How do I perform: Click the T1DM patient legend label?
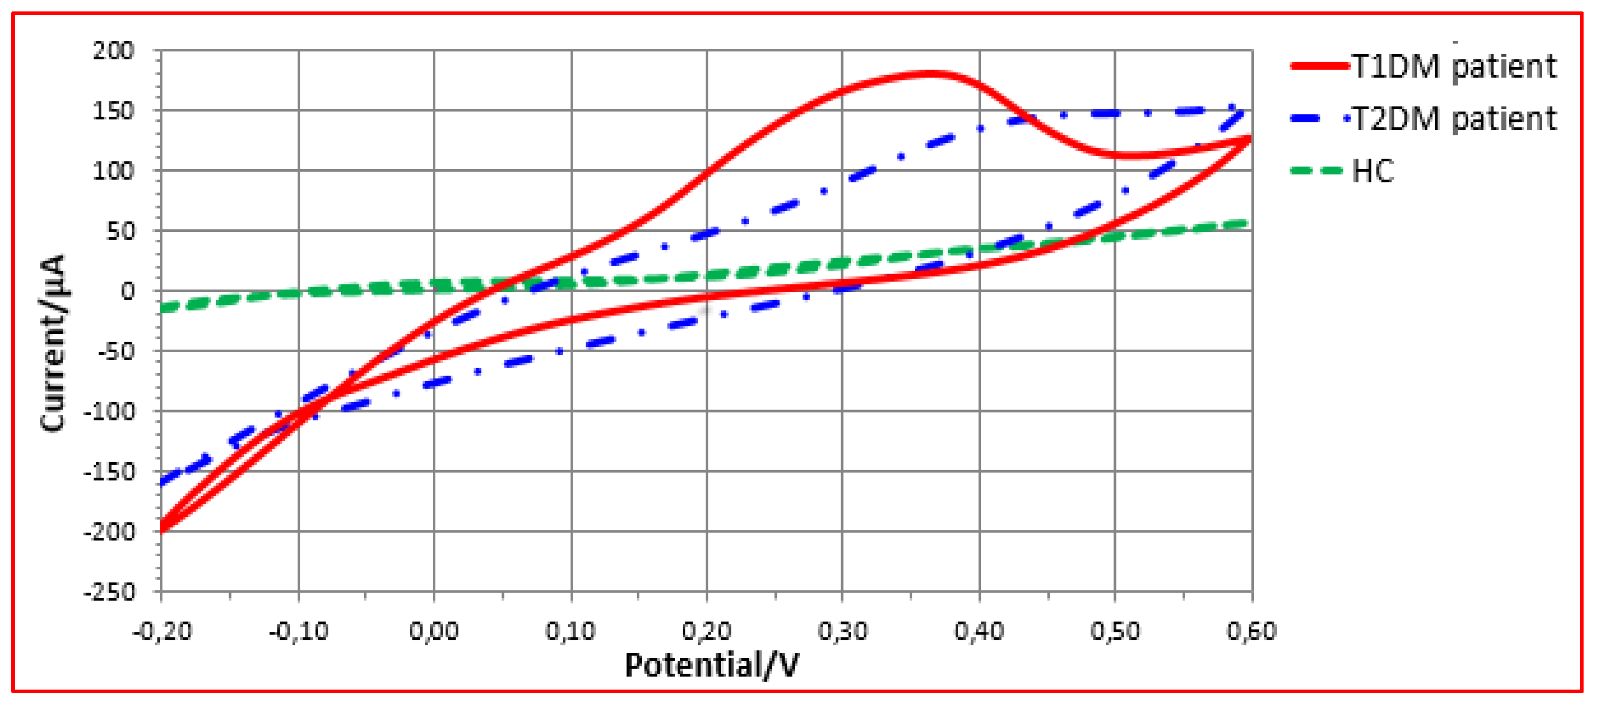[1454, 67]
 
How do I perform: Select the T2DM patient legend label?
[1454, 119]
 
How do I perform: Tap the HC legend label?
[1373, 171]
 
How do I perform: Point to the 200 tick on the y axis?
[114, 50]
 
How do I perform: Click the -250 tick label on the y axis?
[110, 592]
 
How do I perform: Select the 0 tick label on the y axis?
[127, 291]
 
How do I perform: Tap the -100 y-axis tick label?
[110, 411]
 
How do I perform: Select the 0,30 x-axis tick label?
[842, 631]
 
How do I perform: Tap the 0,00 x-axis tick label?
[433, 631]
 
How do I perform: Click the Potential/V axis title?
[712, 665]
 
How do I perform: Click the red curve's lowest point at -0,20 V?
[162, 529]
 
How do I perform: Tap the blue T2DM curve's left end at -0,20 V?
[163, 482]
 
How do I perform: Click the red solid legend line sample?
[1319, 66]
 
